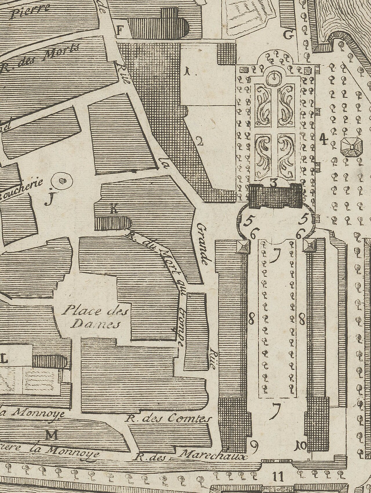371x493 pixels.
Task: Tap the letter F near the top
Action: (x=120, y=30)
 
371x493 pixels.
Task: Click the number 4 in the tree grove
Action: (x=323, y=140)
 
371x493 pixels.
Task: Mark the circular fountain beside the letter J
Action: (x=62, y=180)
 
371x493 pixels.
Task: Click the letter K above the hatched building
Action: (x=114, y=209)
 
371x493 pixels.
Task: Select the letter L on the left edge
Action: (x=4, y=360)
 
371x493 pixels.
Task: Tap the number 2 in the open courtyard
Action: (x=199, y=141)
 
